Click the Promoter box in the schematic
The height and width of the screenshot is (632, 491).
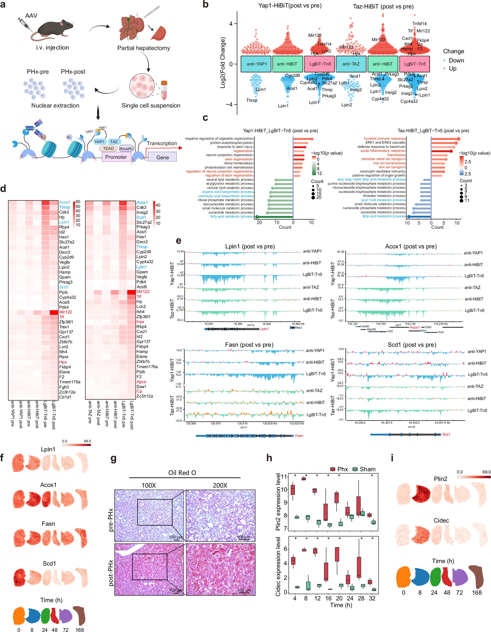[116, 157]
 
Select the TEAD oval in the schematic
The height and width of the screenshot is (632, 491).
[108, 148]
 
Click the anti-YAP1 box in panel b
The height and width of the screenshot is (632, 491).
[256, 64]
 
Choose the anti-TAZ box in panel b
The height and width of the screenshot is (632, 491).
[351, 64]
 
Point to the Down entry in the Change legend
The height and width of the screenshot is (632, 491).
[456, 60]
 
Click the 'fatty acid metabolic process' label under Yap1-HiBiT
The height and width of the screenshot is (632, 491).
[231, 217]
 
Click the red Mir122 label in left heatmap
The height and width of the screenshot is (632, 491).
[65, 312]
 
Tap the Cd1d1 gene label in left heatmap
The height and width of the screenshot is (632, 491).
[65, 397]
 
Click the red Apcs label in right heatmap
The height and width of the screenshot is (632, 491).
[141, 382]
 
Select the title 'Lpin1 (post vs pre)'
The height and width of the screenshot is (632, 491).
[250, 246]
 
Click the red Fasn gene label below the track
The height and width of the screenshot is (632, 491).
[299, 436]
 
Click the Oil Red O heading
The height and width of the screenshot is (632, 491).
[182, 473]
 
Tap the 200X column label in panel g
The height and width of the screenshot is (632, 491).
[220, 485]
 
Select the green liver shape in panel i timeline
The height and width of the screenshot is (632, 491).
[435, 577]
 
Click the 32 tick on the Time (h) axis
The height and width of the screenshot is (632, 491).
[372, 598]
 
